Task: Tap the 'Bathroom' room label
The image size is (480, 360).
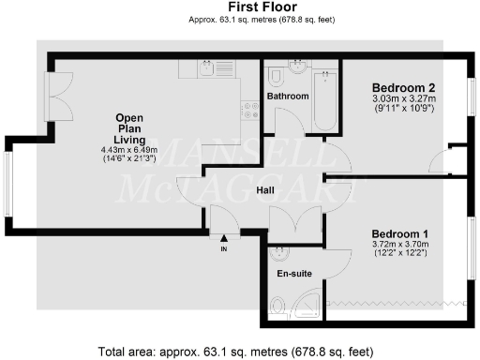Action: point(288,97)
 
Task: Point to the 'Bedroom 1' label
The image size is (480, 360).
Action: point(400,233)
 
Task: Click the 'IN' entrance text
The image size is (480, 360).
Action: point(224,249)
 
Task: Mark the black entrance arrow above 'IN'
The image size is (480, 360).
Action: point(224,240)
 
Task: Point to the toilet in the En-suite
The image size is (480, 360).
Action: point(277,302)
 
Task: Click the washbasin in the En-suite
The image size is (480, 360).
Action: point(278,253)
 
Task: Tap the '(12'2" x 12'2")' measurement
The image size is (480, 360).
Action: point(400,254)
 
